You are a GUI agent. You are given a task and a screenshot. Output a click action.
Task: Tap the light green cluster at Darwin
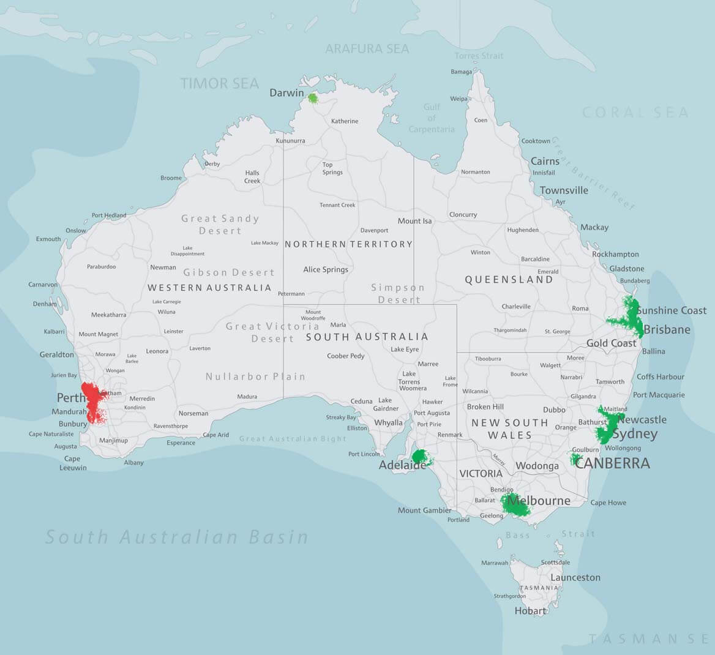click(x=313, y=98)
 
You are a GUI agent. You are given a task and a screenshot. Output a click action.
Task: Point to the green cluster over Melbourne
click(x=515, y=504)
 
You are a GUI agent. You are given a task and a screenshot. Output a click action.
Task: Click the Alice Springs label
click(x=326, y=269)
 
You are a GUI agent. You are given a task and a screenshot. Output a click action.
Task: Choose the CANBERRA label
click(x=612, y=463)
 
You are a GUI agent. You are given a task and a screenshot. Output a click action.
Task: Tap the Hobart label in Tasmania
click(x=530, y=610)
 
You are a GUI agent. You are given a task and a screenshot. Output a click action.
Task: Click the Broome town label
click(x=171, y=178)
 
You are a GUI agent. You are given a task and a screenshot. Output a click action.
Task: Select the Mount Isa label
click(x=414, y=221)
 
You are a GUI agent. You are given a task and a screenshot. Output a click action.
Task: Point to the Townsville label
click(x=564, y=190)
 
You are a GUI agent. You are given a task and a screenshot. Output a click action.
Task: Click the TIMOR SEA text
click(x=220, y=83)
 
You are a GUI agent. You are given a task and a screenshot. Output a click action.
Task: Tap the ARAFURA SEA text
click(x=367, y=48)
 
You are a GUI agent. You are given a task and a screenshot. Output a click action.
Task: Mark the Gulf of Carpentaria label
click(x=432, y=118)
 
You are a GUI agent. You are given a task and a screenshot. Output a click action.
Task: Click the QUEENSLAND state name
click(x=509, y=280)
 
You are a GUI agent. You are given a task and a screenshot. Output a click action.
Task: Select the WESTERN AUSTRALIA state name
click(x=209, y=288)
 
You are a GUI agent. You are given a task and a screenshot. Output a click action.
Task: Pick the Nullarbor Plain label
click(x=255, y=376)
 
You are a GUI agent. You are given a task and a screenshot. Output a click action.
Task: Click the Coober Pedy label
click(x=346, y=356)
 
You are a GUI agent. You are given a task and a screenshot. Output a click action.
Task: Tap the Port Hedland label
click(x=109, y=215)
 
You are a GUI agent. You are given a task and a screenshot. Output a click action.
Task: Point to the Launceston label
click(x=575, y=577)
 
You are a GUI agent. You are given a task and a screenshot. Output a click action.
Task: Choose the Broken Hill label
click(x=485, y=406)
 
